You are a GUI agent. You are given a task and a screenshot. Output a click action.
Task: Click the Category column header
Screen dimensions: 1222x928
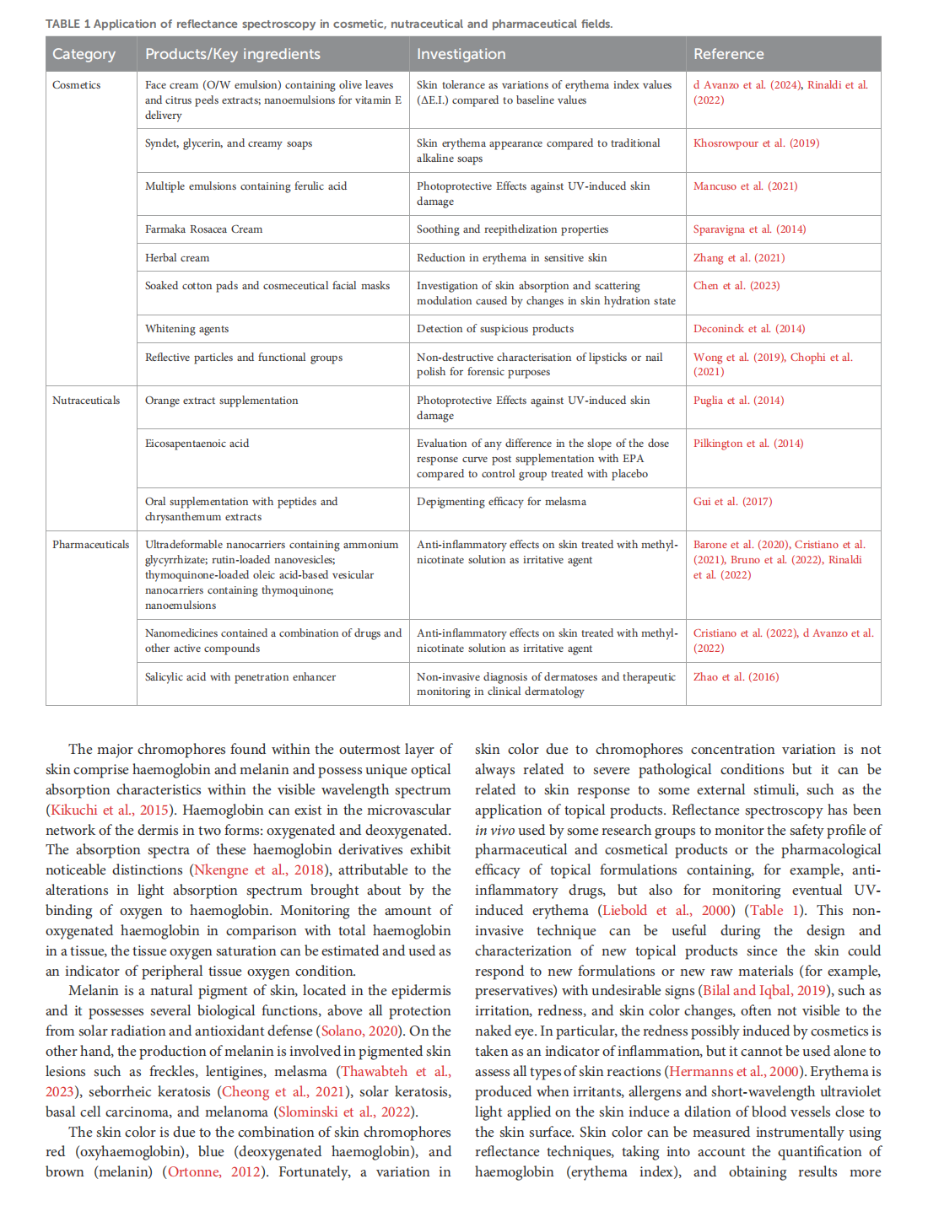[84, 54]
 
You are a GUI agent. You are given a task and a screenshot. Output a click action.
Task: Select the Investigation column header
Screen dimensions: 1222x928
[461, 54]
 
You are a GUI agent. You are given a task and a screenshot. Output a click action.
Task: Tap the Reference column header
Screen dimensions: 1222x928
[728, 54]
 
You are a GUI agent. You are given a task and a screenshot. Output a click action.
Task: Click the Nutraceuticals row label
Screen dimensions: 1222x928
[86, 401]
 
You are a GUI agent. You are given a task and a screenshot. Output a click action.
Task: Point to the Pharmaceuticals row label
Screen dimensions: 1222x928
[91, 545]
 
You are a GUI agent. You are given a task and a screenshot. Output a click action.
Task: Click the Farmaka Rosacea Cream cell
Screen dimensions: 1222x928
[203, 229]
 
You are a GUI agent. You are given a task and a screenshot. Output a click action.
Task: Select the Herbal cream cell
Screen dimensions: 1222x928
[177, 258]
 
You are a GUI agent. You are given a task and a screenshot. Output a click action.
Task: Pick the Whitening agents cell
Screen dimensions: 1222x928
[186, 329]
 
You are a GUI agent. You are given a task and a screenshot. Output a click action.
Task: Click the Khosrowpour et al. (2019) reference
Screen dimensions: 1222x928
[756, 143]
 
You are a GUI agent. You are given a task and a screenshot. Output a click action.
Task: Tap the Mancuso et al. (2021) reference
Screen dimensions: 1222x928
[745, 186]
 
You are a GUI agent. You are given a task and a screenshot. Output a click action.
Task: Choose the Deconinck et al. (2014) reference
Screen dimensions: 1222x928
[749, 329]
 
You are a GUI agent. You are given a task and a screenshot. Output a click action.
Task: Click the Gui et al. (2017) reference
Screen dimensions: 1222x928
[732, 502]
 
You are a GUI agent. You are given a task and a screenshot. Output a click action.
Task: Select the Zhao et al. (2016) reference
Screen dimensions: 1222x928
[736, 677]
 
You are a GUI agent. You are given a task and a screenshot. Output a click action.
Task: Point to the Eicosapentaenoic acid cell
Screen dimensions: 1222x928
[197, 444]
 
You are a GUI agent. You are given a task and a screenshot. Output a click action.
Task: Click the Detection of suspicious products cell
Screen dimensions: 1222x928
[494, 329]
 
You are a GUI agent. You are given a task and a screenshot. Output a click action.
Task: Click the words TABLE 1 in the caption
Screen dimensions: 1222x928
[67, 24]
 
